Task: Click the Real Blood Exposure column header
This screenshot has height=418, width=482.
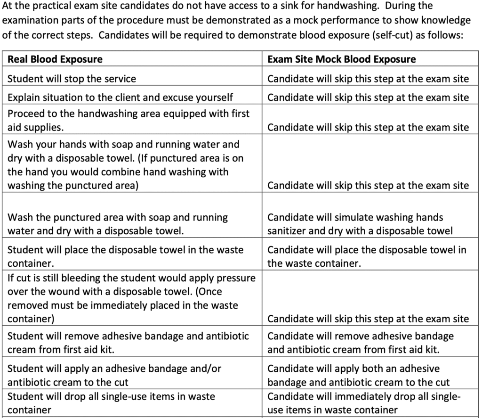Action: pyautogui.click(x=55, y=59)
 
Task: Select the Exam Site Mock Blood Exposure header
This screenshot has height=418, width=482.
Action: pyautogui.click(x=342, y=59)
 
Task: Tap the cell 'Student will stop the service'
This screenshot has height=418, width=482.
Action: pyautogui.click(x=72, y=79)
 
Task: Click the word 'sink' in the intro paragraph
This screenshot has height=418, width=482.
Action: pyautogui.click(x=289, y=7)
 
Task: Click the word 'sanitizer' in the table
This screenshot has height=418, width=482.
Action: pyautogui.click(x=287, y=231)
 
